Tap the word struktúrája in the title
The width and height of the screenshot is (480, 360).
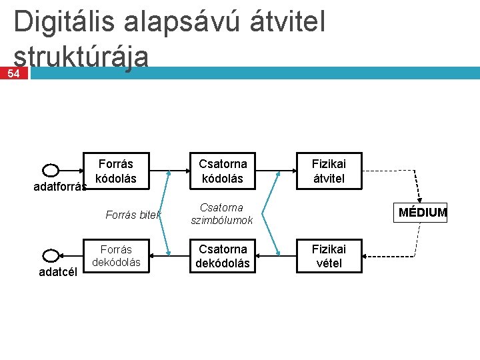tap(81, 57)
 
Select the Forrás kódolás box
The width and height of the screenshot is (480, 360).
tap(115, 171)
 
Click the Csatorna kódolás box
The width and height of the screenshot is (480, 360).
tap(223, 171)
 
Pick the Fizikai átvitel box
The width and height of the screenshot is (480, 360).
tap(329, 171)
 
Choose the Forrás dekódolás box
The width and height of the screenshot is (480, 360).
tap(116, 256)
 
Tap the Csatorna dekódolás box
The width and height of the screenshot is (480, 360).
tap(223, 256)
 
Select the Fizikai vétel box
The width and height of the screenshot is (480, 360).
tap(329, 256)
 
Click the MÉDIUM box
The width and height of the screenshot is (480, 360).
tap(423, 213)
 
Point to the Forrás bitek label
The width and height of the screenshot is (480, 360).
tap(133, 215)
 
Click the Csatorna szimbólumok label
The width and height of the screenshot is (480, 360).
tap(222, 214)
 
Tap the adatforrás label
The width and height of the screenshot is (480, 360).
tap(60, 187)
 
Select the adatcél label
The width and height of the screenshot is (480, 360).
tap(59, 271)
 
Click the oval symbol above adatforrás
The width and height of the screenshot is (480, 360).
tap(51, 171)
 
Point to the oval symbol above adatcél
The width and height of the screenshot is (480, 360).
tap(51, 255)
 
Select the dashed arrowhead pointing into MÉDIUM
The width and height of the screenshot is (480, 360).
tap(419, 202)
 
